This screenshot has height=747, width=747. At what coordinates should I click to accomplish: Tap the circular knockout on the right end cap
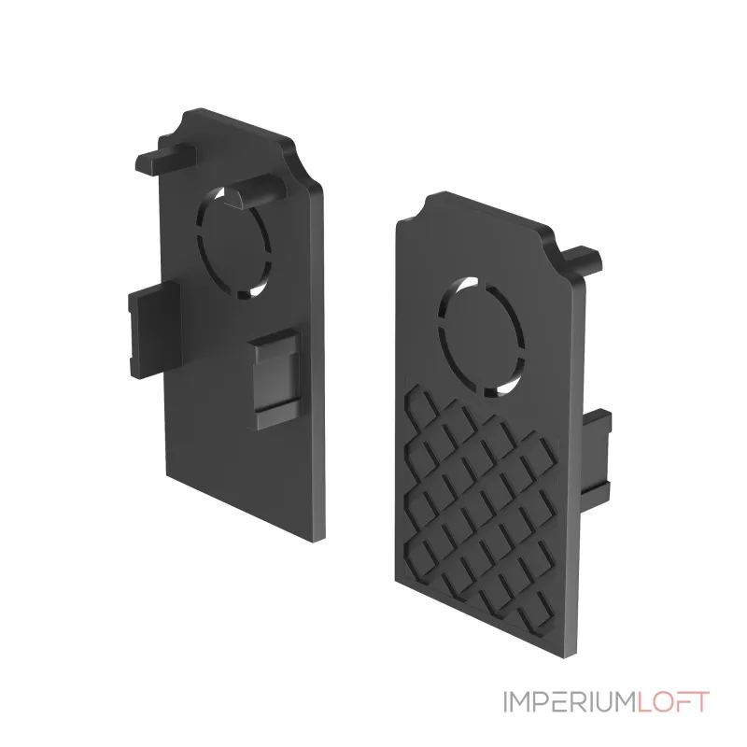(x=481, y=336)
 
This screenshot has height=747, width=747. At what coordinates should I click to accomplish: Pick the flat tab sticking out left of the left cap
(x=153, y=330)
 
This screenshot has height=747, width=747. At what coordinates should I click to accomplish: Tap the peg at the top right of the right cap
(x=581, y=261)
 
